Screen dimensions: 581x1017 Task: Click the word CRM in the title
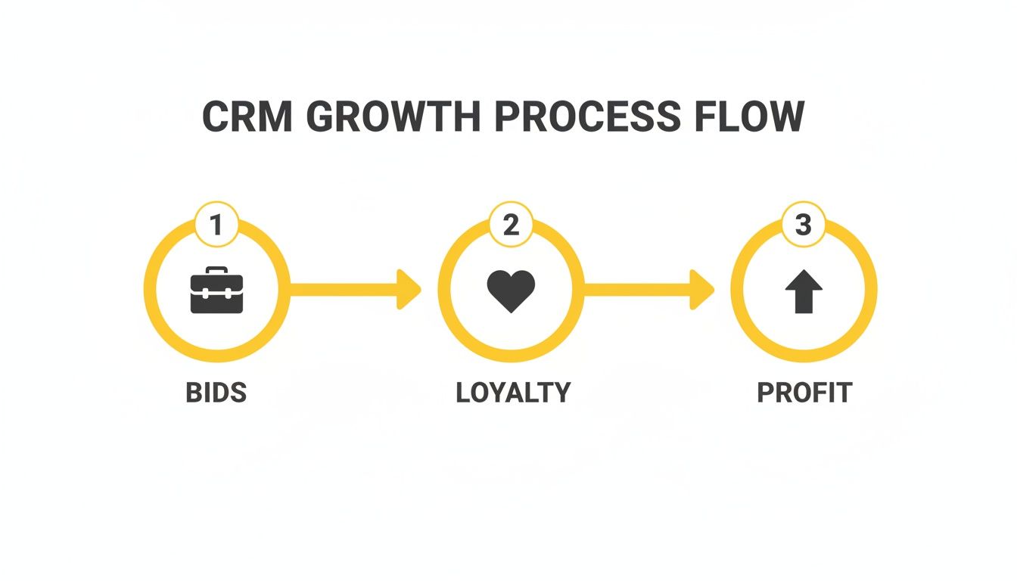pos(247,117)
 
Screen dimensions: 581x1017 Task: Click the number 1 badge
pos(216,225)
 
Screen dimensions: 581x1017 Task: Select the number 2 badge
pos(512,225)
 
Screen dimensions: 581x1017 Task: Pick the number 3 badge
pos(803,225)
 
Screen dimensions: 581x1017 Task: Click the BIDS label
pos(216,393)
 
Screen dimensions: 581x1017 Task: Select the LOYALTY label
pos(513,393)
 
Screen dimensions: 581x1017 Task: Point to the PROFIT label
pos(804,393)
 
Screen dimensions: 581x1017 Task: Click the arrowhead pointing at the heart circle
pos(409,289)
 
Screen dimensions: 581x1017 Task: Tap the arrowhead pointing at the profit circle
pos(702,289)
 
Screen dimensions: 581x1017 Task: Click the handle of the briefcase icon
pos(216,270)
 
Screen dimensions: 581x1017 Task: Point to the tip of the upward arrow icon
pos(803,274)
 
